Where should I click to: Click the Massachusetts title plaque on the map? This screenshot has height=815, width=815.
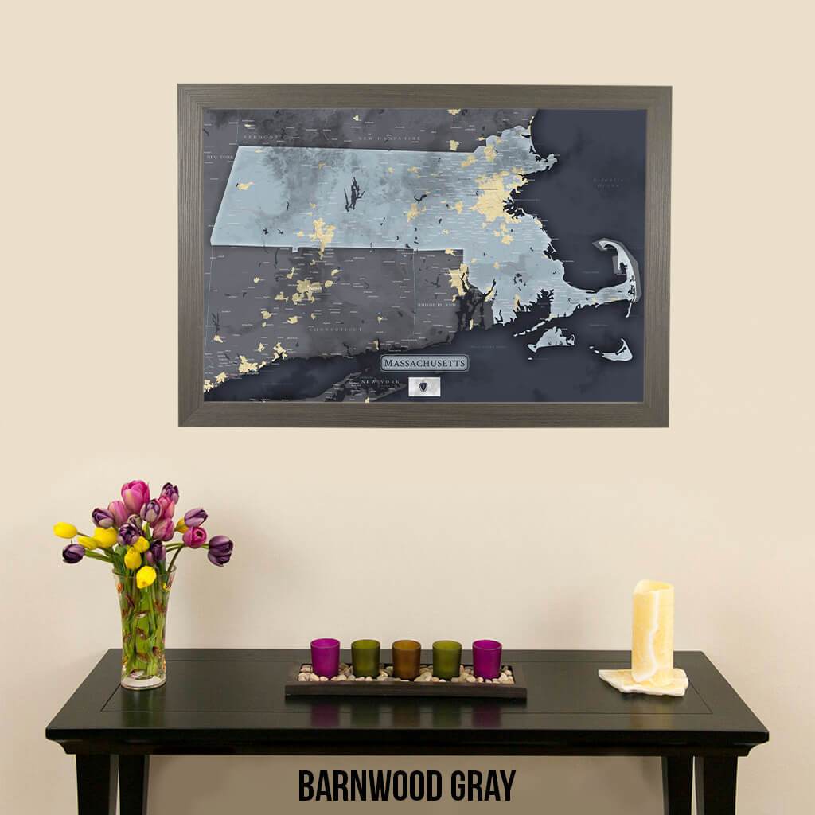click(x=423, y=364)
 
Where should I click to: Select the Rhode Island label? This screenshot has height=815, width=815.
click(x=438, y=305)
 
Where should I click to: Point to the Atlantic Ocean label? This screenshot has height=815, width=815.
click(x=609, y=182)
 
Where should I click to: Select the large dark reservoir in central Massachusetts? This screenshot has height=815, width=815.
click(x=353, y=194)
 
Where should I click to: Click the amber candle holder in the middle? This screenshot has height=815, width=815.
click(x=406, y=659)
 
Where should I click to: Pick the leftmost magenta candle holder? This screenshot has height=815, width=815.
click(x=325, y=657)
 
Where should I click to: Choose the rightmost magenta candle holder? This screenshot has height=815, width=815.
click(x=487, y=659)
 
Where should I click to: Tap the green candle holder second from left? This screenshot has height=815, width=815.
click(x=365, y=658)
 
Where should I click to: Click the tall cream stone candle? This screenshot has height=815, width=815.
click(x=652, y=630)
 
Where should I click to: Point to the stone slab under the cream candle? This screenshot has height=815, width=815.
click(x=643, y=682)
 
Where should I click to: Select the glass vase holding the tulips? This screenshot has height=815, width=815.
click(x=144, y=629)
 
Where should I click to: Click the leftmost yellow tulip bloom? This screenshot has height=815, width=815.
click(x=65, y=530)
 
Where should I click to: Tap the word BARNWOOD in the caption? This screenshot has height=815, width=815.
click(x=368, y=786)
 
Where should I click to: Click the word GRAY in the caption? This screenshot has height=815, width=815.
click(x=481, y=786)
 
